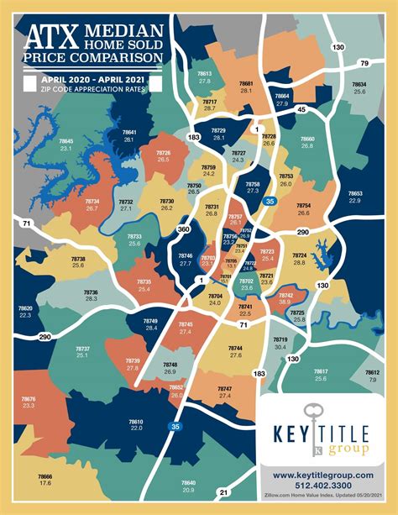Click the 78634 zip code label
[x=359, y=84]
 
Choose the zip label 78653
[x=354, y=192]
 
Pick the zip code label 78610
[x=136, y=421]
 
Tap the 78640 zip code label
[x=188, y=482]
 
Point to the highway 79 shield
[x=364, y=63]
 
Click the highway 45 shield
[x=301, y=109]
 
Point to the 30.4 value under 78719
[x=280, y=346]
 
